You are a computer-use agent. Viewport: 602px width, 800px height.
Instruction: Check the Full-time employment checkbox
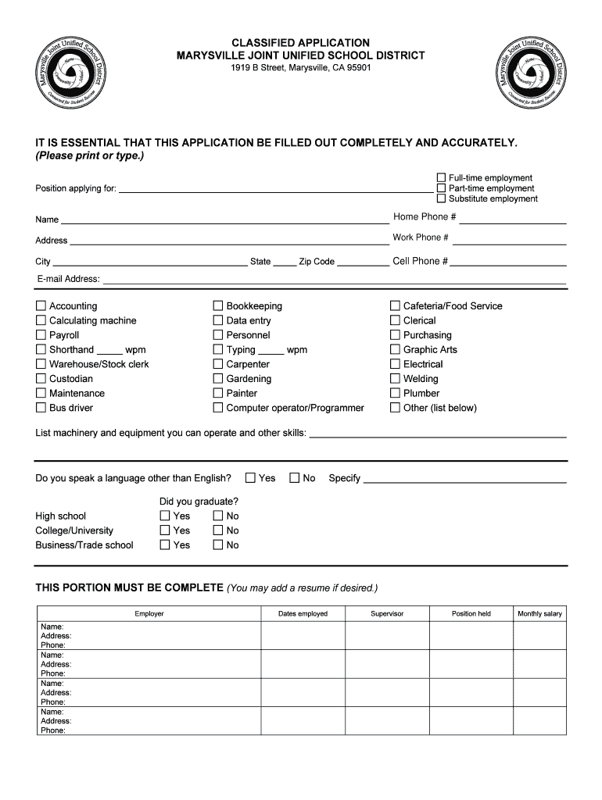441,178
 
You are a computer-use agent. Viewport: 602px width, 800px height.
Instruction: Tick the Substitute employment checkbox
441,198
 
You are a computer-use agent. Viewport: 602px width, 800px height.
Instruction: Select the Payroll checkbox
41,335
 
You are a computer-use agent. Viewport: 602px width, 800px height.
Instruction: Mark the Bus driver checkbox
41,408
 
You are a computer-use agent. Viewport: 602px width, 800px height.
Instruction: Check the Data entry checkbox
218,320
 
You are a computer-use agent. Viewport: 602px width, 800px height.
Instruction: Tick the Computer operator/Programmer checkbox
218,408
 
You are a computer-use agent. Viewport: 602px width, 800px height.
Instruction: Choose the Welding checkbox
396,379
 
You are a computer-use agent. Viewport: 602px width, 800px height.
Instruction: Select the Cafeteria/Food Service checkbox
396,306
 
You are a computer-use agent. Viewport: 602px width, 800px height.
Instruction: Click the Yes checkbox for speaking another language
251,478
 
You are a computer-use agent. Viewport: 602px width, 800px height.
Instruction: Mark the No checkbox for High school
218,516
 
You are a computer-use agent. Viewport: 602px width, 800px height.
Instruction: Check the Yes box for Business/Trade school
165,545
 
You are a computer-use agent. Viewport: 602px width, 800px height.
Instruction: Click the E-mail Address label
68,279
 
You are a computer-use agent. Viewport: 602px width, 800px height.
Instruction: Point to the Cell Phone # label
420,262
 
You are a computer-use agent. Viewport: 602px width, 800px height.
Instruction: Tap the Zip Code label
317,262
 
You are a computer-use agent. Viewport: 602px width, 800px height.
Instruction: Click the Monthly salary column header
539,614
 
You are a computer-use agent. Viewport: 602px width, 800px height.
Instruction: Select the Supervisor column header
387,614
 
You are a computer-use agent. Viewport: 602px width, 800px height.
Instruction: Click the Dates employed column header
303,614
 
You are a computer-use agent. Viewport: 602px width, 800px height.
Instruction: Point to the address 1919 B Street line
300,68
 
